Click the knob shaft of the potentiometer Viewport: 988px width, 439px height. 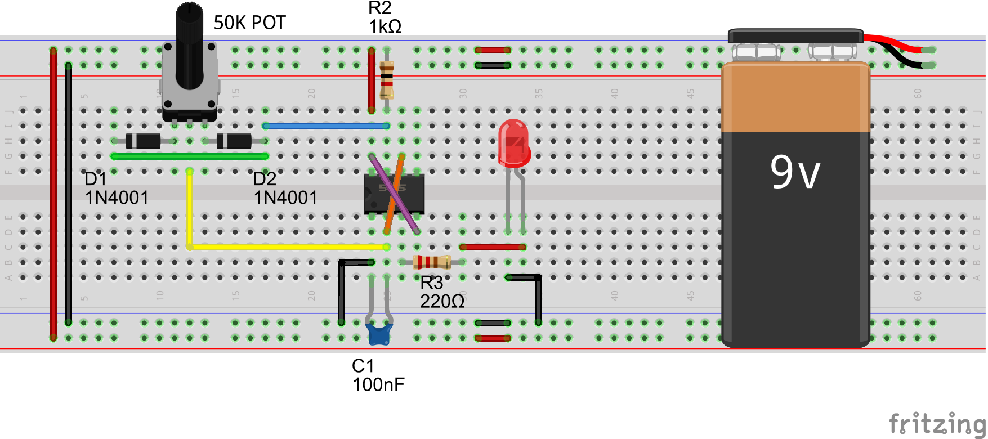pyautogui.click(x=189, y=45)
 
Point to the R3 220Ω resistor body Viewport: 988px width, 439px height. pyautogui.click(x=432, y=262)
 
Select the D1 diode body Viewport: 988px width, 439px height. pyautogui.click(x=143, y=141)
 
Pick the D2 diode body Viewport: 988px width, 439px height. pyautogui.click(x=234, y=141)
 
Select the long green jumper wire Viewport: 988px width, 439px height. pyautogui.click(x=189, y=156)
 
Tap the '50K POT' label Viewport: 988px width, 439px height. pyautogui.click(x=249, y=23)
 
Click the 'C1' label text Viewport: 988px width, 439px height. pyautogui.click(x=363, y=366)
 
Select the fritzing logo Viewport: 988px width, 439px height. pyautogui.click(x=937, y=423)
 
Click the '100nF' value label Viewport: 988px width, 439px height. pyautogui.click(x=378, y=385)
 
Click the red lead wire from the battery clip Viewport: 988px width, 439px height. pyautogui.click(x=895, y=43)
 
